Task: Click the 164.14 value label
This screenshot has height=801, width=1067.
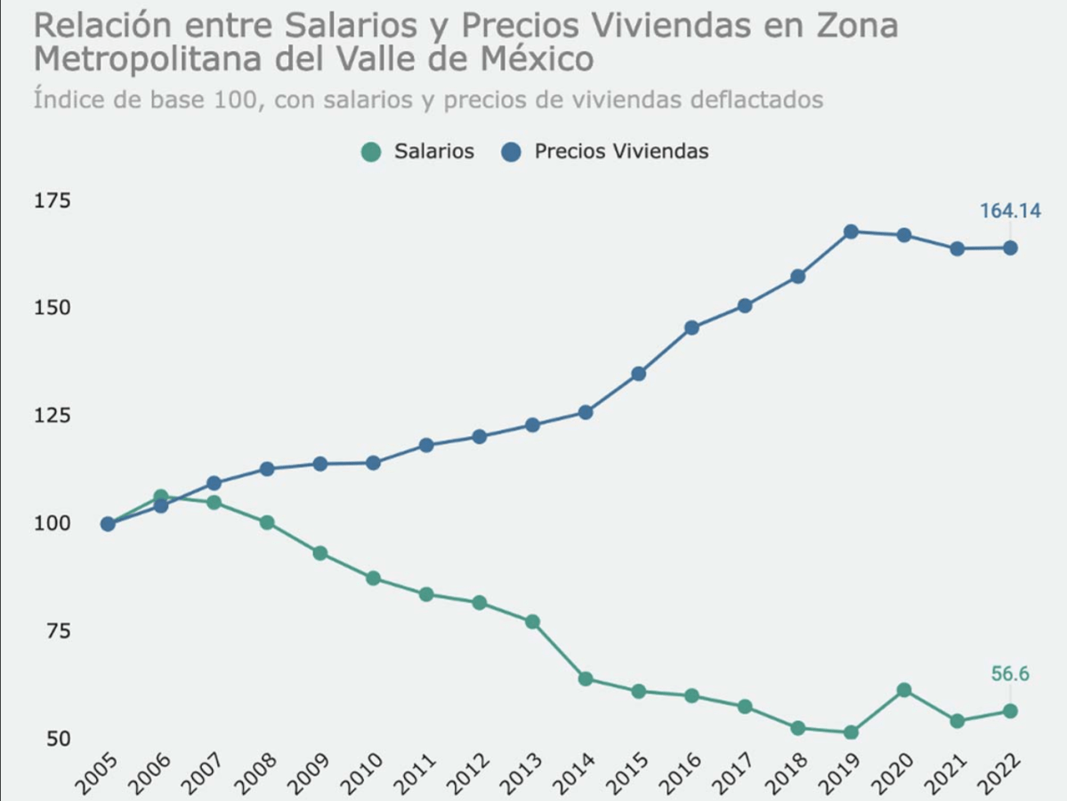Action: [x=1010, y=211]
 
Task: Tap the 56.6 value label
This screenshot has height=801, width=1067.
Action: [x=1010, y=674]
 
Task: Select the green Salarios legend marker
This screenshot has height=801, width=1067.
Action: [x=371, y=152]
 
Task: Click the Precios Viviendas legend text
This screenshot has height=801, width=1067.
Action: [x=621, y=151]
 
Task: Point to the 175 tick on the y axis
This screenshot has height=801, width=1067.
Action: [x=52, y=200]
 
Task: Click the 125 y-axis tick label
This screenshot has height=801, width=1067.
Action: [x=52, y=416]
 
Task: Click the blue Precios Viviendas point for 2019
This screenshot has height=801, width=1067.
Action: [x=851, y=231]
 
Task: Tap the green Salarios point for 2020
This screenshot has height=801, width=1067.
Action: [x=904, y=690]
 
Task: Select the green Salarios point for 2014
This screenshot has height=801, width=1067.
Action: [x=586, y=678]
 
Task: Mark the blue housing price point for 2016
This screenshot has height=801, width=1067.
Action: [x=691, y=328]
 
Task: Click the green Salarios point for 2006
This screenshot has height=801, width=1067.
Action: [x=161, y=497]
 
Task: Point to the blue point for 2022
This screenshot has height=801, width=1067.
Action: [x=1010, y=247]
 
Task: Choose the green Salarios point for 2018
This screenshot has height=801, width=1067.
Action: [x=797, y=728]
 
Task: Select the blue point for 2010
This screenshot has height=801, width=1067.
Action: [x=373, y=463]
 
